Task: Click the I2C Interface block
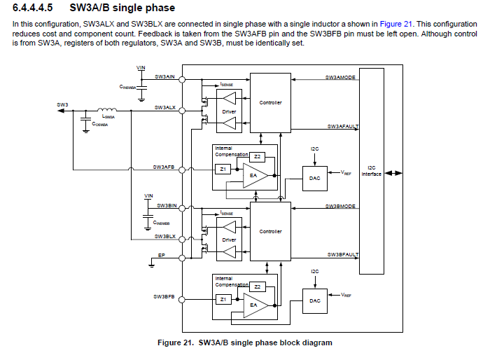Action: (371, 171)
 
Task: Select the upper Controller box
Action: (270, 104)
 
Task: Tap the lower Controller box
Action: (270, 232)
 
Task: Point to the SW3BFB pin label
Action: (164, 296)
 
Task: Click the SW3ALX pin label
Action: (165, 108)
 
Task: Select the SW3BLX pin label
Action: (165, 237)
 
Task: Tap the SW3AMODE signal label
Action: (342, 76)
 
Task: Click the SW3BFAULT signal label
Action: (342, 255)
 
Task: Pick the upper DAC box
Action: (315, 178)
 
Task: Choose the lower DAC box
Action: (315, 300)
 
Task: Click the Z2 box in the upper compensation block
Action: (257, 156)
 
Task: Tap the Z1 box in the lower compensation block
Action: (223, 299)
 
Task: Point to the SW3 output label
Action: (63, 104)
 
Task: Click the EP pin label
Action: (162, 256)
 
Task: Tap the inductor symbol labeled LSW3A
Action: (107, 110)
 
